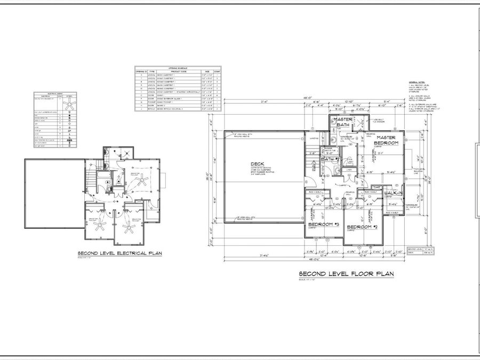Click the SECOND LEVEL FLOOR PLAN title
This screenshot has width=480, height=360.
click(346, 274)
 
